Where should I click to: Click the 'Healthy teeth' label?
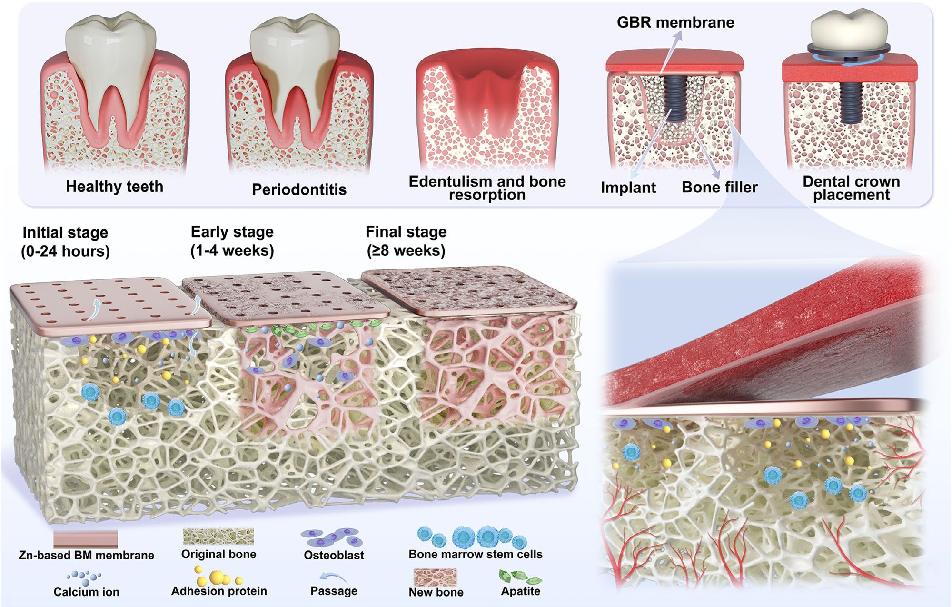[x=114, y=186]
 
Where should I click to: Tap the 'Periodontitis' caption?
[x=299, y=189]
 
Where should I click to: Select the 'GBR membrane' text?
[x=675, y=22]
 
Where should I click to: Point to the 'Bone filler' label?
[x=720, y=187]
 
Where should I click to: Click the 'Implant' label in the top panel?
[x=628, y=188]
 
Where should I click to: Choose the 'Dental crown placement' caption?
[x=851, y=188]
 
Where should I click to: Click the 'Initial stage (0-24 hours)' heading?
[x=65, y=242]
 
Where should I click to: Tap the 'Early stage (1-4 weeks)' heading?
[x=232, y=241]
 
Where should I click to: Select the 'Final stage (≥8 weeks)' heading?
[x=406, y=241]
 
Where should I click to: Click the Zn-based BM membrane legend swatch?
[x=86, y=540]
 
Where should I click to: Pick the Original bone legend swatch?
[x=218, y=536]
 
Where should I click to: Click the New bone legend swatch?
[x=435, y=577]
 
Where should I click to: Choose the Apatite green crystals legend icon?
[x=520, y=577]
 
